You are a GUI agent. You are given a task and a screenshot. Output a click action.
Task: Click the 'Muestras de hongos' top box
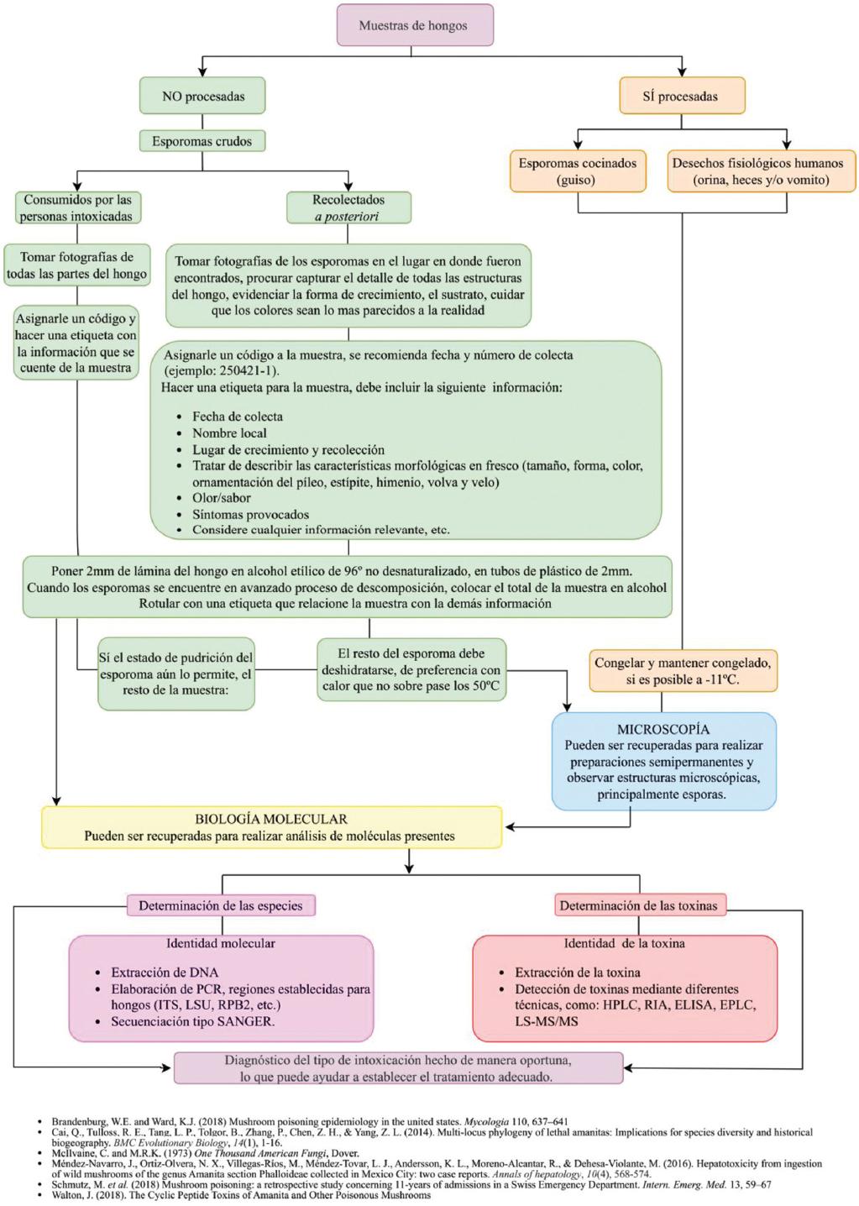click(413, 25)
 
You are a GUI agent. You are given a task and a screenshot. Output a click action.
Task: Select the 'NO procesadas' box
click(203, 97)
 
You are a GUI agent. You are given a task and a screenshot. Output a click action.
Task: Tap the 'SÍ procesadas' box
click(680, 97)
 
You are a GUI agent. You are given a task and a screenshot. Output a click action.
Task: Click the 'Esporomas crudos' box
click(202, 141)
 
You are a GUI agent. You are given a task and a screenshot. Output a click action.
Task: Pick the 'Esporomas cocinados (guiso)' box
click(577, 171)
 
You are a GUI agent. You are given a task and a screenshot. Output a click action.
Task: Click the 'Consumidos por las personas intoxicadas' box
click(77, 207)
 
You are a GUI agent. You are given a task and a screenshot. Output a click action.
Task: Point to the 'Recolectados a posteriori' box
click(348, 207)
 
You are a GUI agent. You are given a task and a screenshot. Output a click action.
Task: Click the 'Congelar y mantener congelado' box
click(682, 671)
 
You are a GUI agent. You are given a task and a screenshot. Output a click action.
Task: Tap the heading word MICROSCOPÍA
click(663, 729)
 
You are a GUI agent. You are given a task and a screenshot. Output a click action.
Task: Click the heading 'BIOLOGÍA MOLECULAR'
click(270, 819)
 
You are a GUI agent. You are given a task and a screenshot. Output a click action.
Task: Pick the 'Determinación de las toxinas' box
click(638, 905)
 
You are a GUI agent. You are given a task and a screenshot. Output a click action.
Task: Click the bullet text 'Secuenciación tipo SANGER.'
click(193, 1021)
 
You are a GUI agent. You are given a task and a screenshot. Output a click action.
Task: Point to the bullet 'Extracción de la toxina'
click(578, 972)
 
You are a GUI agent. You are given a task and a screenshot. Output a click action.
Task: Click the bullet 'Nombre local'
click(229, 433)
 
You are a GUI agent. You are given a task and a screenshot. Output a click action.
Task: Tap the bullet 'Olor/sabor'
click(222, 497)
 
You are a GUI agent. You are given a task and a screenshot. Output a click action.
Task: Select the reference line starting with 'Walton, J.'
click(241, 1195)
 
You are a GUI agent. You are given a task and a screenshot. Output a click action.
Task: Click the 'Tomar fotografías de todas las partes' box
click(77, 265)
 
